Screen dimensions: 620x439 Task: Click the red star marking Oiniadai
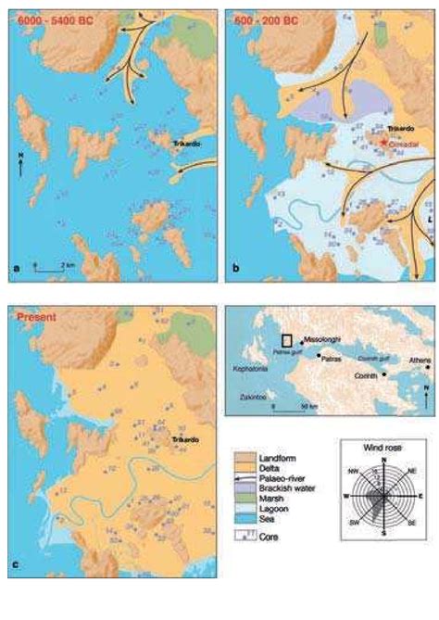point(383,142)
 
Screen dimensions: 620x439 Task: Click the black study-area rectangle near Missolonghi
point(289,339)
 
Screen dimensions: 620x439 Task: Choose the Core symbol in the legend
point(243,536)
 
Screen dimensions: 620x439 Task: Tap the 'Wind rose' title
point(383,448)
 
